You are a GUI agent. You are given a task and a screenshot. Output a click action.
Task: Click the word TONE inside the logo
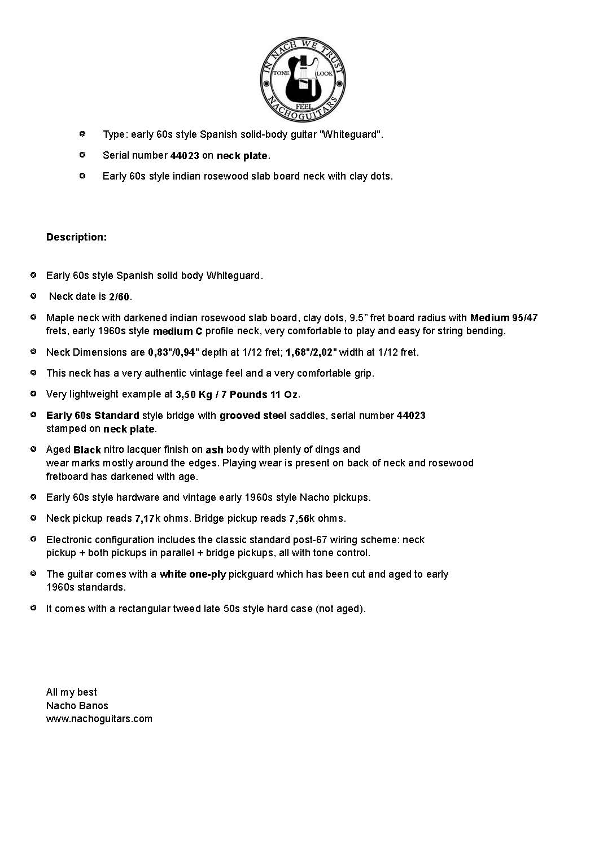click(x=281, y=74)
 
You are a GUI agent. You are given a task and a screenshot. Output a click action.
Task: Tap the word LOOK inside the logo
click(x=324, y=74)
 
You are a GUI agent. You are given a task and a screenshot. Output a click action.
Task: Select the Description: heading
click(x=76, y=237)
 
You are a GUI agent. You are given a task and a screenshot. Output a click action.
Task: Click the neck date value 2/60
click(x=119, y=297)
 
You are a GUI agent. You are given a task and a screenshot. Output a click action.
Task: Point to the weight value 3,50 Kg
click(x=194, y=395)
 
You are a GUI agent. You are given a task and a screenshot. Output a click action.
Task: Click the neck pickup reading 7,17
click(x=144, y=519)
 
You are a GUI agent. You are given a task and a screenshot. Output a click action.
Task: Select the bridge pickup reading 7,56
click(x=299, y=519)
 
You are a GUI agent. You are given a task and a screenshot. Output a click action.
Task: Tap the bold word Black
click(x=87, y=450)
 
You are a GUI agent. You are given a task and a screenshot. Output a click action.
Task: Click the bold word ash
click(x=214, y=450)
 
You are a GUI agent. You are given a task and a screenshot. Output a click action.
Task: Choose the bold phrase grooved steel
click(x=253, y=416)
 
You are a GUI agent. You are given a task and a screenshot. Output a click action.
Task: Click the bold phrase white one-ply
click(x=193, y=574)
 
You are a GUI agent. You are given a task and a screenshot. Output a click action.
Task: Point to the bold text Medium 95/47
click(x=504, y=318)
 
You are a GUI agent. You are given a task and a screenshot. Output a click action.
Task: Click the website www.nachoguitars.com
click(x=99, y=719)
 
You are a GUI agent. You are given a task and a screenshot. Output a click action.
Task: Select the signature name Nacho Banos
click(x=77, y=705)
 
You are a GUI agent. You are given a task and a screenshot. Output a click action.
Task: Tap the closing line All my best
click(x=71, y=692)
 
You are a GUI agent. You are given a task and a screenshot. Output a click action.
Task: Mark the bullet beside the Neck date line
click(x=33, y=296)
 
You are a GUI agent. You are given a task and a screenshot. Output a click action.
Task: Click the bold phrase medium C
click(x=177, y=331)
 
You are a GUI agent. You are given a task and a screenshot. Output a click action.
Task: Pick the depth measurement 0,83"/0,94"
click(x=173, y=353)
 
